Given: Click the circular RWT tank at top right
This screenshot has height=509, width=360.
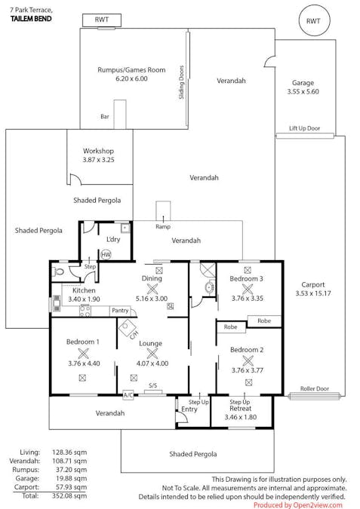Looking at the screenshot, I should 313,21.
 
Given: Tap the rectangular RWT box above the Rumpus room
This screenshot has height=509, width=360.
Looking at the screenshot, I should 100,20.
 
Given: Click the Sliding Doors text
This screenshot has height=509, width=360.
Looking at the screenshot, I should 181,84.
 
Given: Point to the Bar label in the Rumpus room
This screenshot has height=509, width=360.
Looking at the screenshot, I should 105,117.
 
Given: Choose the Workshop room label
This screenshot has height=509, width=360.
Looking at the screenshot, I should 98,151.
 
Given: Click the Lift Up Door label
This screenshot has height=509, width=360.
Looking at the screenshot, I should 304,129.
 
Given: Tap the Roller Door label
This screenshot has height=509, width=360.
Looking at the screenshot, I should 313,389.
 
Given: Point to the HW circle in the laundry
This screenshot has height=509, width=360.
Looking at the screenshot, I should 106,254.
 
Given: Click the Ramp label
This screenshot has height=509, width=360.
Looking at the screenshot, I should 162,226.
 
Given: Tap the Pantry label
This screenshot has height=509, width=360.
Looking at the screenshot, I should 119,310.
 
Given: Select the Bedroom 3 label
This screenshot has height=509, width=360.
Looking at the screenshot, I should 246,279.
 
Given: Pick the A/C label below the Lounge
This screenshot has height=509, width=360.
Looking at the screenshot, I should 128,394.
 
